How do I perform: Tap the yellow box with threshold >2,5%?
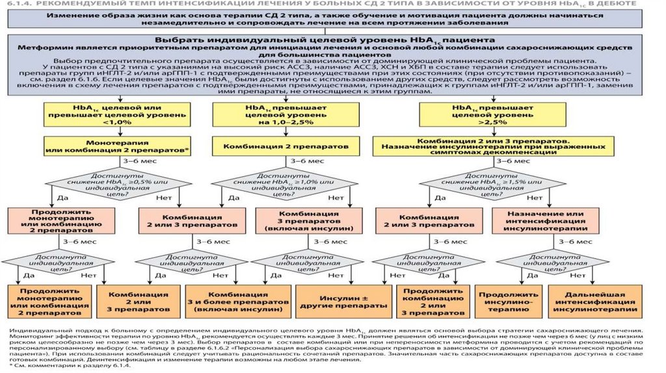coord(473,114)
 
